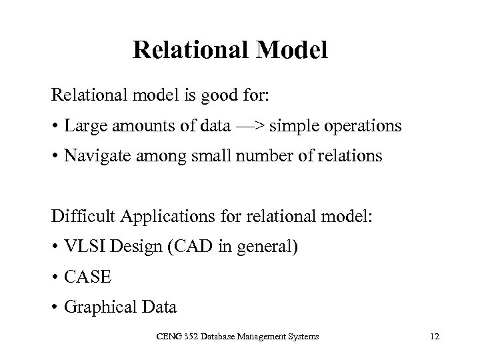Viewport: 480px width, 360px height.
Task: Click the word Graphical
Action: (96, 307)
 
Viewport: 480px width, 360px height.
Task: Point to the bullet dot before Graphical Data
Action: (55, 308)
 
